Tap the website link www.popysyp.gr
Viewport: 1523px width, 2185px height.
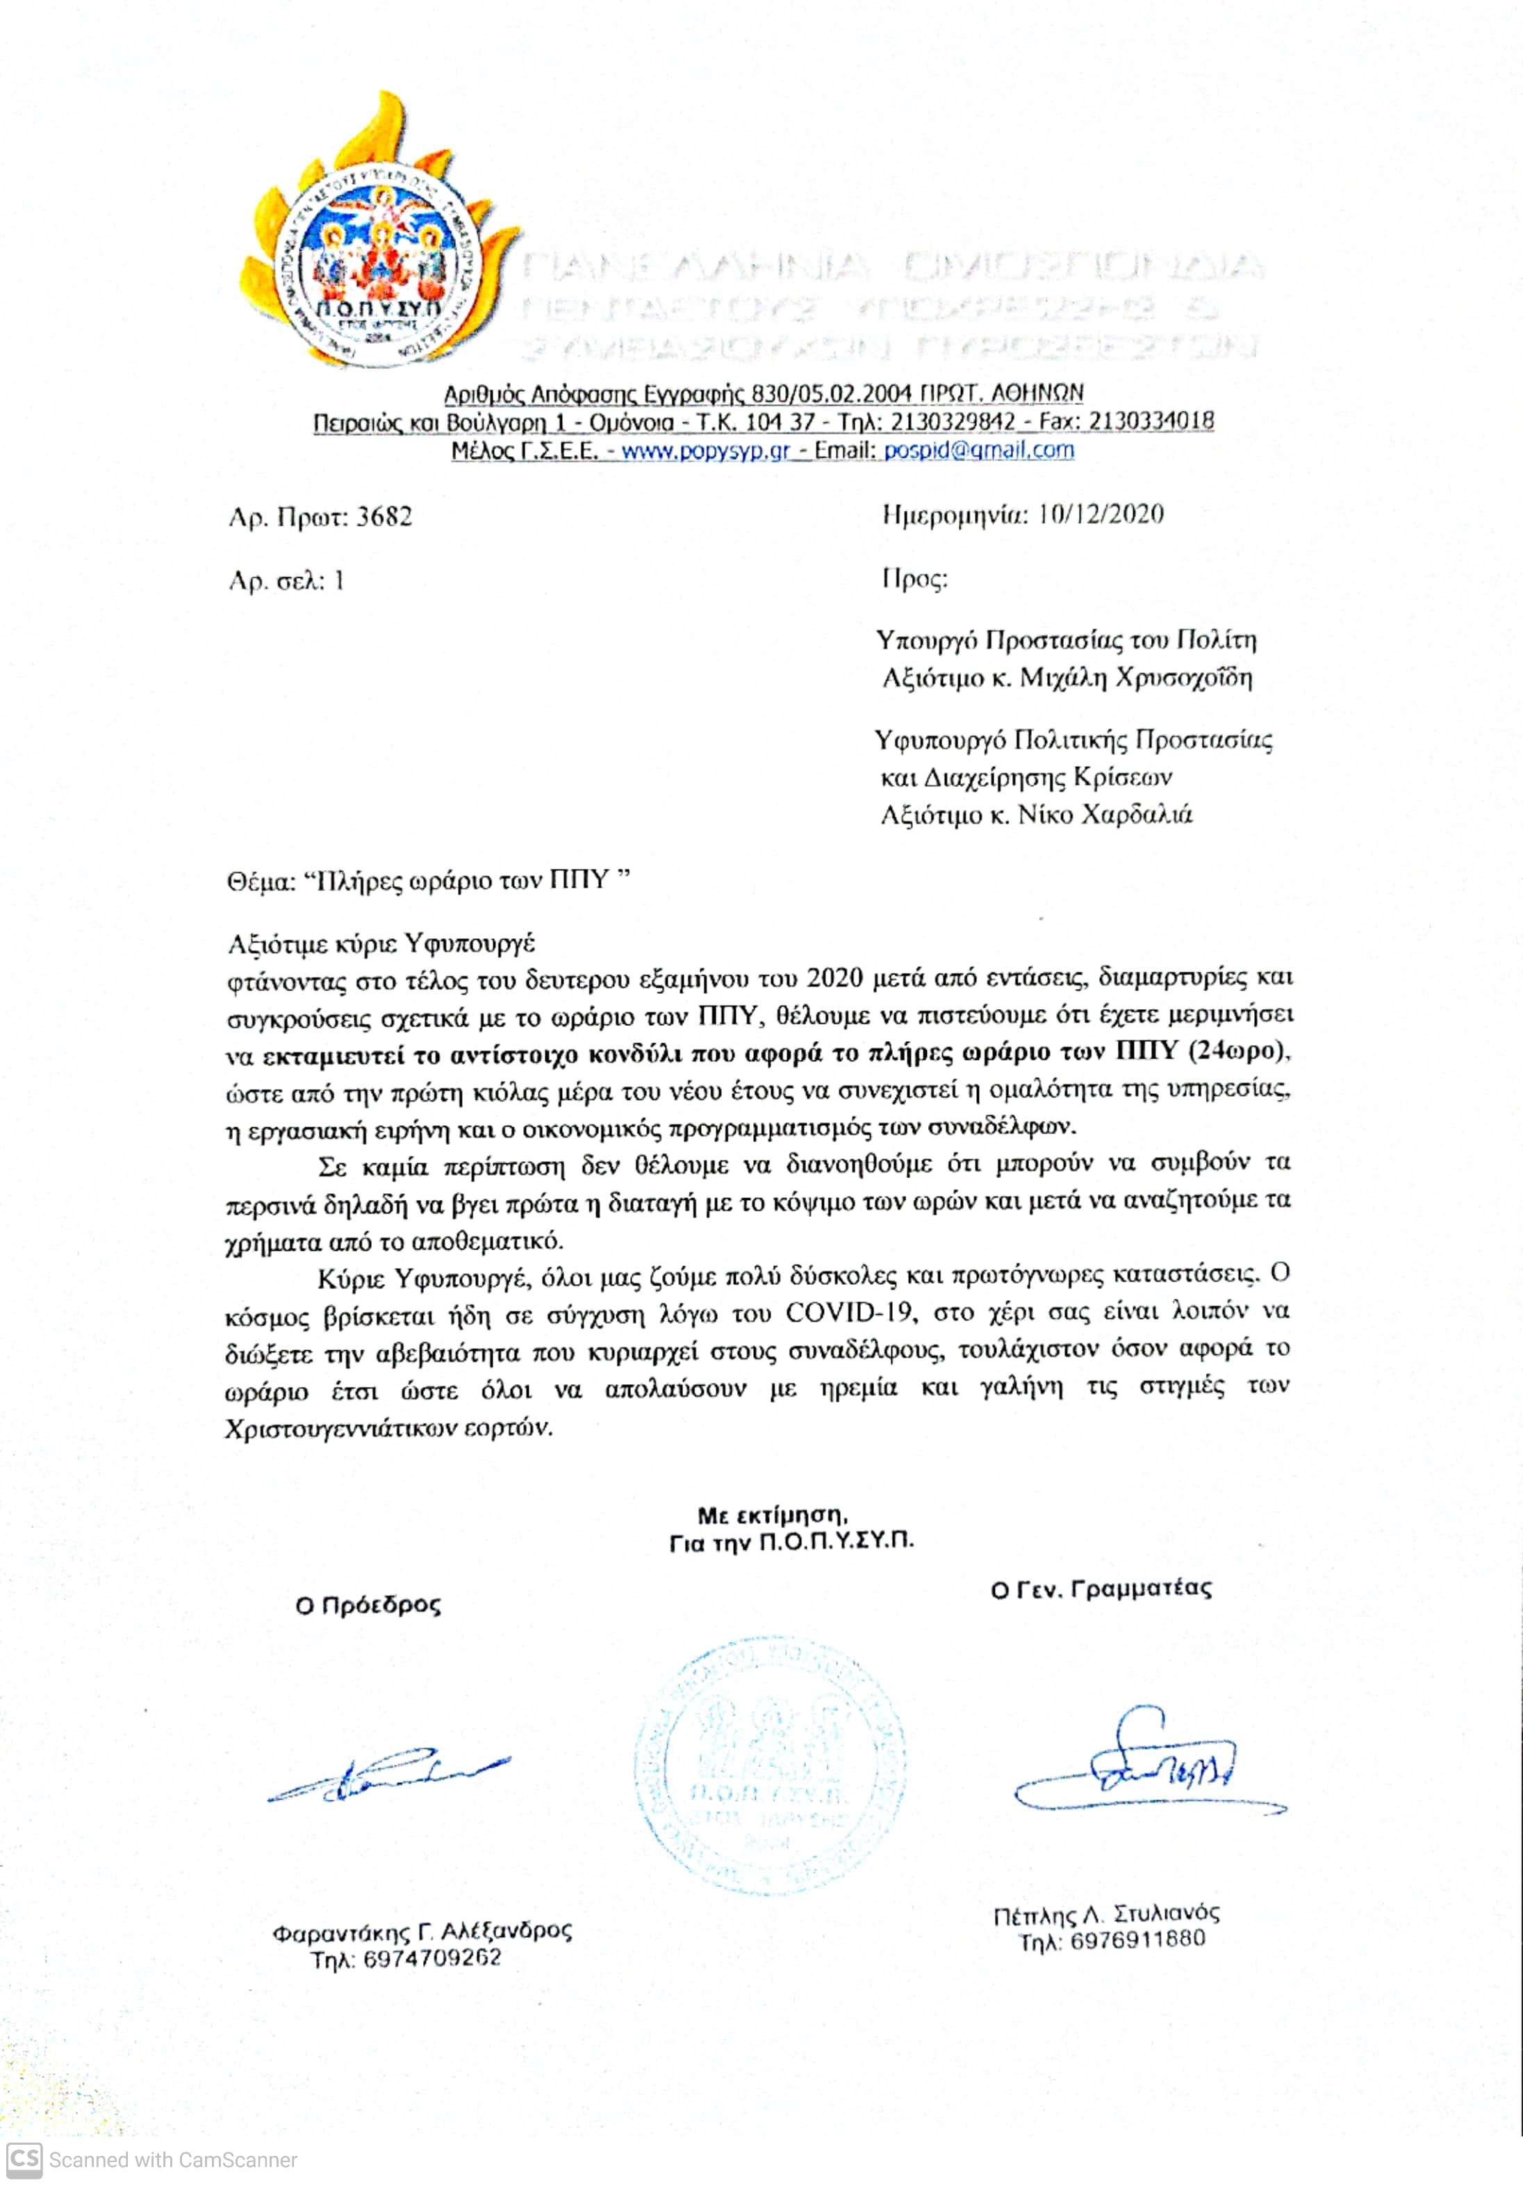coord(705,450)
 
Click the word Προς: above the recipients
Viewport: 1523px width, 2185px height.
coord(915,579)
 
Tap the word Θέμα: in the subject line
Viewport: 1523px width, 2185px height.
coord(260,882)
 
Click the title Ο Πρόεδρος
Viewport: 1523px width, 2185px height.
coord(368,1606)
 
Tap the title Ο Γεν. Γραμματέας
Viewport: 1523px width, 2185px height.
coord(1101,1589)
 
